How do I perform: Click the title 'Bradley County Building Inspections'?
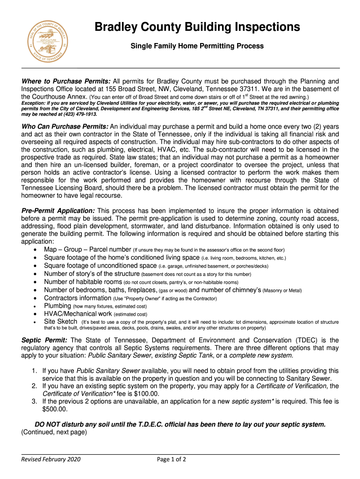(197, 28)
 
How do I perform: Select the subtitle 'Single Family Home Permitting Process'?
(197, 46)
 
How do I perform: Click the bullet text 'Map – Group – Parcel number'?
(87, 249)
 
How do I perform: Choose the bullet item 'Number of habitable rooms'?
(83, 282)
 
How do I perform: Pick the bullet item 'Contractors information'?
(78, 298)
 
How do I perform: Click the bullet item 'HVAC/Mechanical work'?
(78, 314)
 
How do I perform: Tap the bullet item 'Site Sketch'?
(60, 322)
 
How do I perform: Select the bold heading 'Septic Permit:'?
(44, 340)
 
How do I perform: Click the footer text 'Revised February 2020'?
(51, 459)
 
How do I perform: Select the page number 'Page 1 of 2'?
(172, 459)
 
